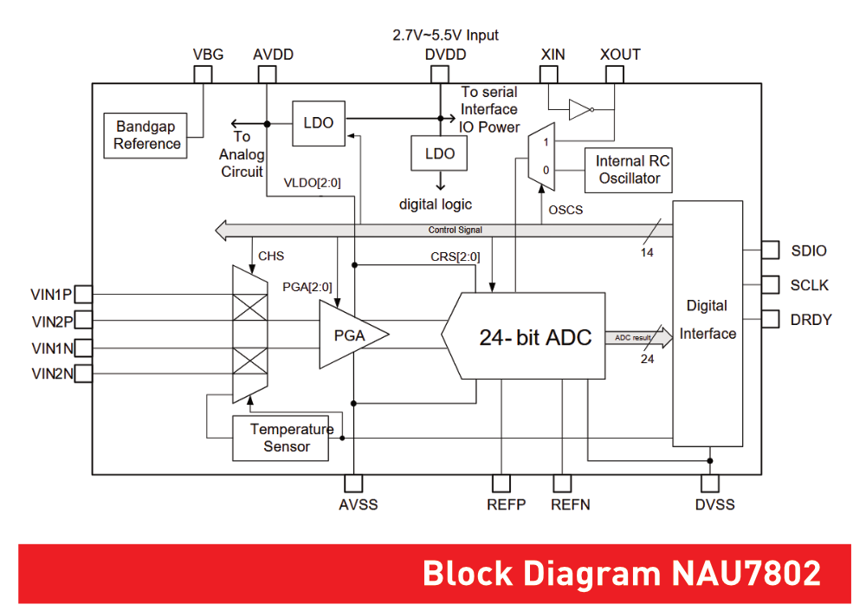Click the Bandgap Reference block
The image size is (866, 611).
click(x=146, y=134)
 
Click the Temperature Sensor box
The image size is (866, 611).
click(x=282, y=438)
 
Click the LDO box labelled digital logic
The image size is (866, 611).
click(x=440, y=153)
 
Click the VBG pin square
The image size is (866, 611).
click(x=202, y=75)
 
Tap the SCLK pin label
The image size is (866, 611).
click(x=809, y=285)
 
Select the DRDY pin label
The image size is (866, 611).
click(x=811, y=320)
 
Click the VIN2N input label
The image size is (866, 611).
click(x=52, y=374)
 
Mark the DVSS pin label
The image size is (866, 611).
click(x=714, y=504)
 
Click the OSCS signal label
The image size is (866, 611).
click(x=566, y=210)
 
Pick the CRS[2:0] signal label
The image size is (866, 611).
click(x=455, y=257)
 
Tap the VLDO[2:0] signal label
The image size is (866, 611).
click(x=313, y=183)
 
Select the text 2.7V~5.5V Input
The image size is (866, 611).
click(x=446, y=36)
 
